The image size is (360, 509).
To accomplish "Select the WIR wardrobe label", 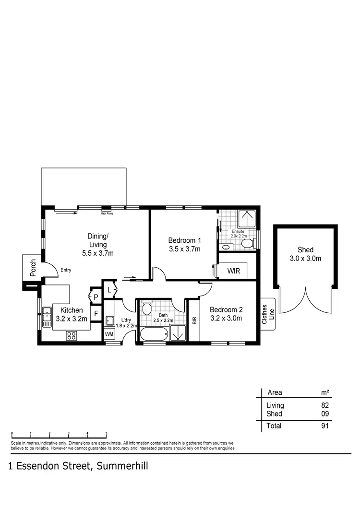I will [234, 271].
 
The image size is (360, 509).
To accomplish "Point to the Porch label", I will [33, 269].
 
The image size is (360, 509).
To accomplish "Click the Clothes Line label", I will [267, 314].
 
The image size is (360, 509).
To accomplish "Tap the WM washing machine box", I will [109, 334].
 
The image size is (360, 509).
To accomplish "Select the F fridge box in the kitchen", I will [96, 314].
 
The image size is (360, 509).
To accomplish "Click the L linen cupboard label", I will [109, 290].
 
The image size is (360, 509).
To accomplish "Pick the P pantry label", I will [96, 297].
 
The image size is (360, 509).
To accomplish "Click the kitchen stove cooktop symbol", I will [72, 335].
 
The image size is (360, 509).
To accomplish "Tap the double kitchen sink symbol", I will [47, 317].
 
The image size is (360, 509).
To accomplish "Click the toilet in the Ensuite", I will [247, 244].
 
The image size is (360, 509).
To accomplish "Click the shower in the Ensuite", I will [248, 219].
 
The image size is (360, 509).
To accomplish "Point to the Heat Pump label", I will [107, 213].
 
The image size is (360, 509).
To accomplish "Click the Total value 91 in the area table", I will [324, 426].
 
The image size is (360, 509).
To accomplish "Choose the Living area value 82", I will [324, 405].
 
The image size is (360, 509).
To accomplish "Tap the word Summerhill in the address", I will [122, 466].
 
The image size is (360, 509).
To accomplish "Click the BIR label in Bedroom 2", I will [194, 320].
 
